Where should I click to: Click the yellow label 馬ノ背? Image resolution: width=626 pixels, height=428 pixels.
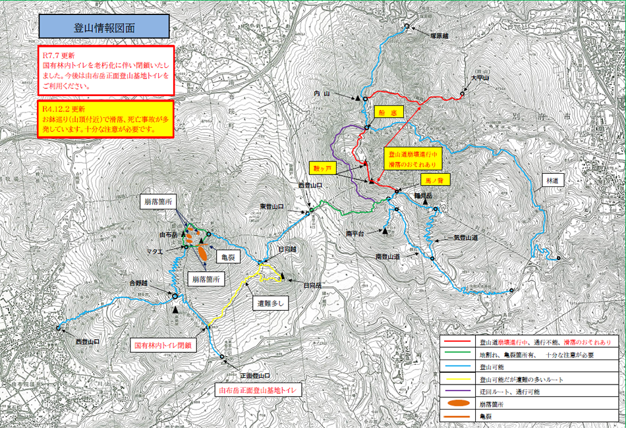point(435,178)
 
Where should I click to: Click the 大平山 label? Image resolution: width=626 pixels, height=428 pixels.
point(480,78)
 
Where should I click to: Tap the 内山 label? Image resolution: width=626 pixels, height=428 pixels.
point(322,94)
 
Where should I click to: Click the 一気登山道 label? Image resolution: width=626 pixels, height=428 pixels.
point(461,238)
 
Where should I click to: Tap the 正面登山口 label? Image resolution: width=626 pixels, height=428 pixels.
point(254,376)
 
